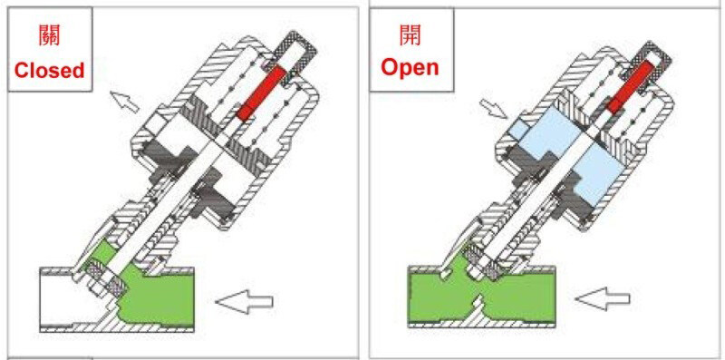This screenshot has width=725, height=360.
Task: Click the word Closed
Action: tap(50, 71)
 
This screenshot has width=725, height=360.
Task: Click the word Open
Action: tap(411, 68)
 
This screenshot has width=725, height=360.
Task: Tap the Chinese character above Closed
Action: tap(49, 35)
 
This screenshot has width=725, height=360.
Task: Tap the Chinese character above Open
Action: tap(411, 34)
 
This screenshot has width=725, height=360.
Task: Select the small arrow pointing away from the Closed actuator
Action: tap(124, 102)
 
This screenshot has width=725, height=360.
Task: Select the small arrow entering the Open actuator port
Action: tap(494, 108)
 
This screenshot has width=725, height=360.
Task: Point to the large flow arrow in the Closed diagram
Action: tap(244, 302)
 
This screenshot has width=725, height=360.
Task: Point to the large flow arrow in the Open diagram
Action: tap(603, 299)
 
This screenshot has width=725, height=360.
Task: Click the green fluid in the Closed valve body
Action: tap(157, 297)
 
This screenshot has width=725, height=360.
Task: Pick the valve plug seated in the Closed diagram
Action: tap(107, 281)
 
